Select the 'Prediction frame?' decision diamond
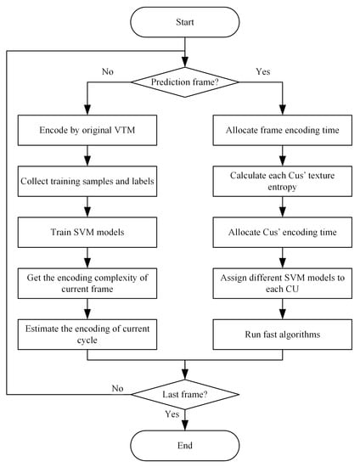point(183,83)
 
